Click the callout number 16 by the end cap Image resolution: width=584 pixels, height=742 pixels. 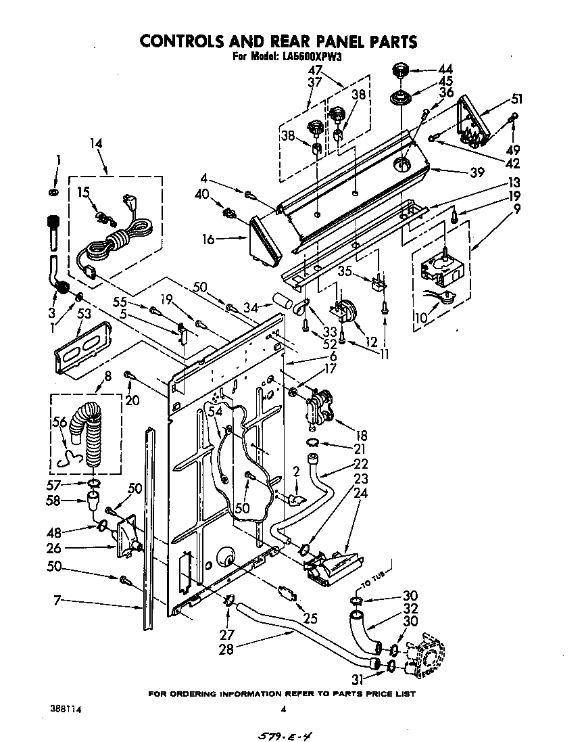[x=209, y=239]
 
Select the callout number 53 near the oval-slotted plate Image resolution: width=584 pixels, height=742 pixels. [x=84, y=313]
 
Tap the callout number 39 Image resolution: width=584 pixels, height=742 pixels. [x=477, y=172]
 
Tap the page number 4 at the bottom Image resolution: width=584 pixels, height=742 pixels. [x=284, y=709]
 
